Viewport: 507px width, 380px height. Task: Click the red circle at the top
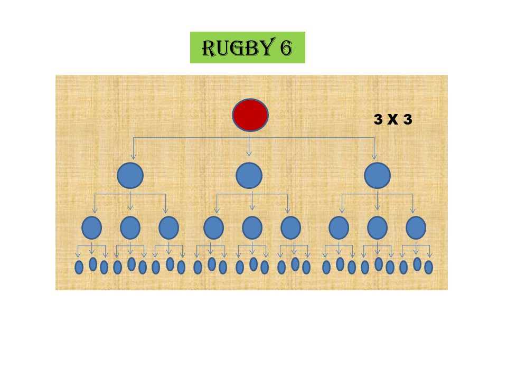(250, 115)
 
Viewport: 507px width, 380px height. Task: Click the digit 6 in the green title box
(285, 48)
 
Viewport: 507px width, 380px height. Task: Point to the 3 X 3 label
(392, 120)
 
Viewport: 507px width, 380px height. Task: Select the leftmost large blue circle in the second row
(130, 175)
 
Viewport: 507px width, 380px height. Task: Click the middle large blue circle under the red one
(249, 175)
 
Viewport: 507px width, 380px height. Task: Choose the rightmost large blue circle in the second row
(377, 175)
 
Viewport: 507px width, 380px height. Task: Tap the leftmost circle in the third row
(92, 227)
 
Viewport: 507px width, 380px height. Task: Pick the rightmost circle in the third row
(416, 227)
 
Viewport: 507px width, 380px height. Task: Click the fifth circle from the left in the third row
(252, 227)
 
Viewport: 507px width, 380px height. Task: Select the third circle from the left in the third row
(169, 227)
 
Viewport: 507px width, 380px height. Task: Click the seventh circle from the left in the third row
(339, 227)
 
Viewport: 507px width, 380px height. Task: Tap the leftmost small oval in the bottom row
(79, 268)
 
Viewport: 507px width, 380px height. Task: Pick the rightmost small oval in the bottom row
(428, 268)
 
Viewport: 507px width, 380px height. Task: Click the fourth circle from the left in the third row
(213, 227)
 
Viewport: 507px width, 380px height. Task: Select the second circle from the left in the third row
(130, 227)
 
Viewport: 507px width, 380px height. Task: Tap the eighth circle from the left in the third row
(377, 227)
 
